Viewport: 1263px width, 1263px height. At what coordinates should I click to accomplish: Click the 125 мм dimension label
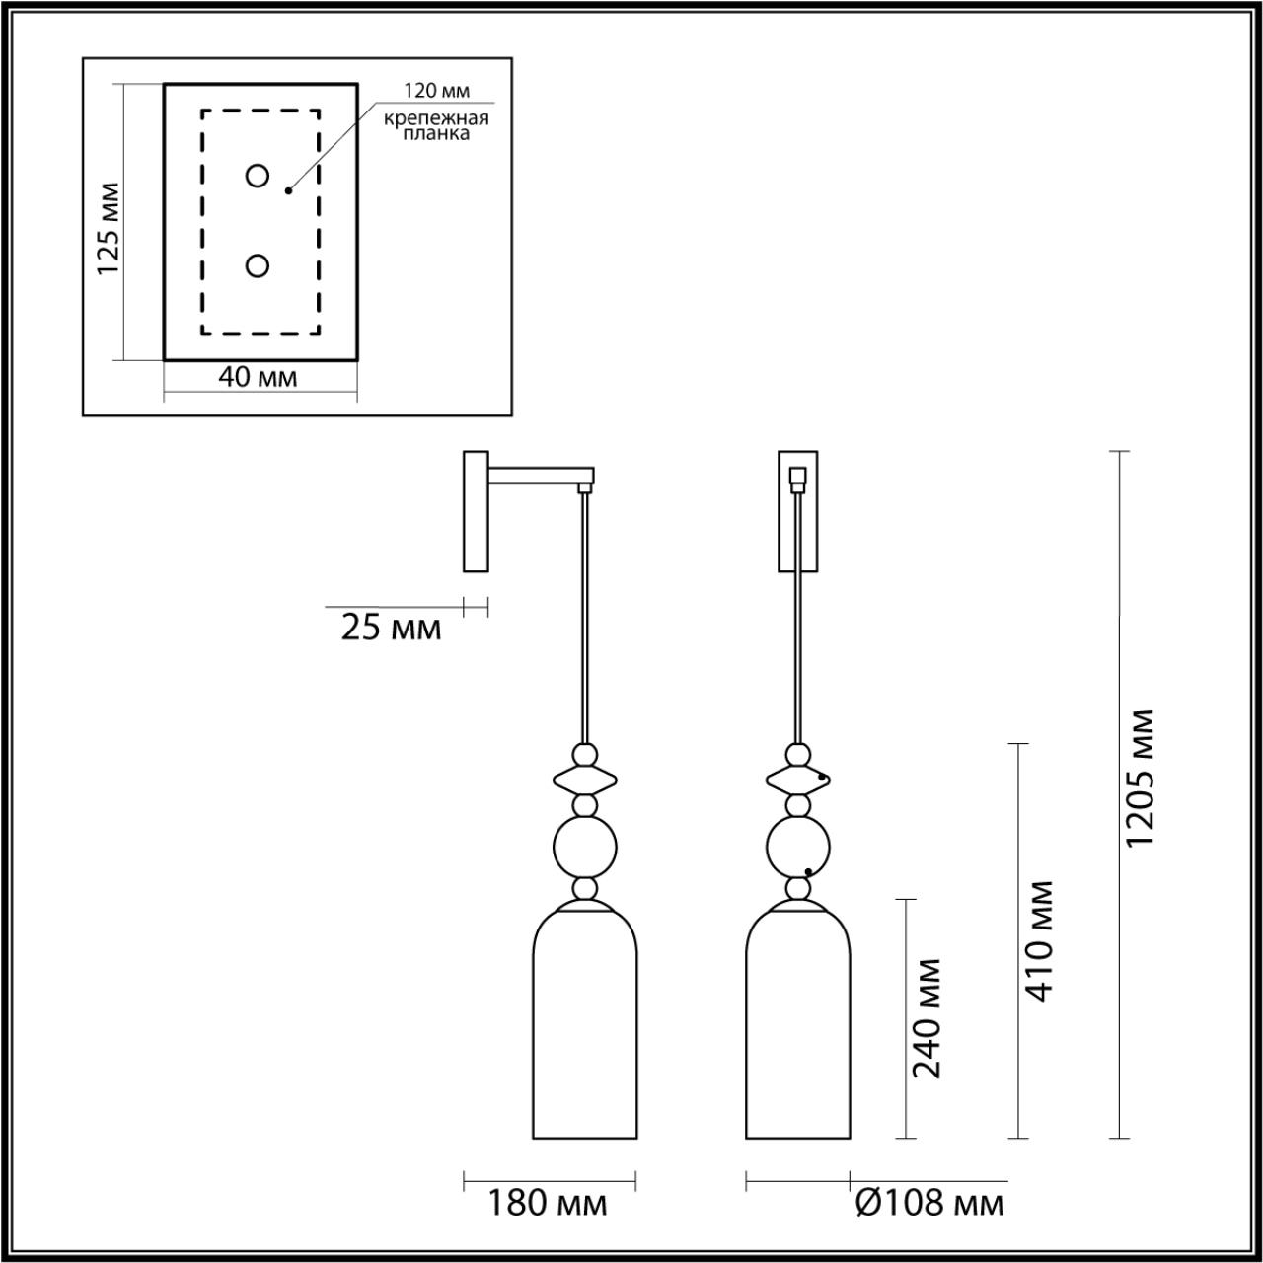[110, 229]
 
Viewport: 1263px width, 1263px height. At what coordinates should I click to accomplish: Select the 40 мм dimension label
[258, 377]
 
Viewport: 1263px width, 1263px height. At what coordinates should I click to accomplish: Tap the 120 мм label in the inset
[435, 91]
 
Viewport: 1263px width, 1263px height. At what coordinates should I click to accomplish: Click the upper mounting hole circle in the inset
[258, 177]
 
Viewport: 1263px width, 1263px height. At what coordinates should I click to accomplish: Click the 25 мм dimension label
[391, 628]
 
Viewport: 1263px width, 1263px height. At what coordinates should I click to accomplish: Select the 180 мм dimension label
[549, 1204]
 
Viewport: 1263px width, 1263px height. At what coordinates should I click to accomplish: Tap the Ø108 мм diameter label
[929, 1204]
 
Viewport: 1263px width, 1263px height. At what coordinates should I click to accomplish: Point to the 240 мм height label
[928, 1017]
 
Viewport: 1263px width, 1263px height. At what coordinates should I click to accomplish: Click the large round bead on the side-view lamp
[585, 847]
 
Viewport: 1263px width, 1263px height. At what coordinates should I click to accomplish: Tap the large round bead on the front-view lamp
[798, 847]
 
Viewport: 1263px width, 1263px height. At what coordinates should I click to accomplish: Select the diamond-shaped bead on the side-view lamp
[585, 779]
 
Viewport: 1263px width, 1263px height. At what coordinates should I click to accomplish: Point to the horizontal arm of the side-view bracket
[538, 478]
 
